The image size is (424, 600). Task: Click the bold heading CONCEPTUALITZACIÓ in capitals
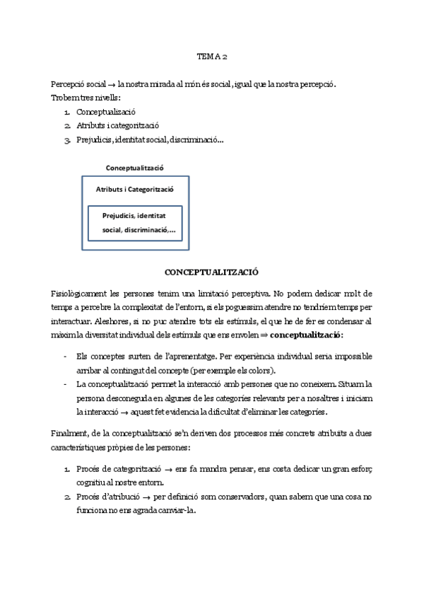[x=211, y=272]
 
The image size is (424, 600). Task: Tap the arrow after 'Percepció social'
[x=112, y=84]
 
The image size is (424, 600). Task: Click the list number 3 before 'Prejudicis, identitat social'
[x=66, y=139]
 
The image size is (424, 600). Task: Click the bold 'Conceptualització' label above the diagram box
[x=135, y=168]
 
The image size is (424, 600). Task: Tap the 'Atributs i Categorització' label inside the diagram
[x=134, y=190]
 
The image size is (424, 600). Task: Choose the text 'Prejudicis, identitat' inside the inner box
[x=134, y=215]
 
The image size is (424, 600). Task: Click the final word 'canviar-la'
[x=177, y=511]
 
